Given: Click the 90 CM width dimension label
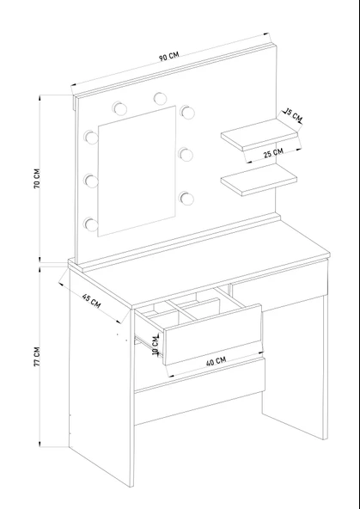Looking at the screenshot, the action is point(169,56).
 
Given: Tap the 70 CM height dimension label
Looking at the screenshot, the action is point(37,178).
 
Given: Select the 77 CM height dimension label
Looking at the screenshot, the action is point(37,357).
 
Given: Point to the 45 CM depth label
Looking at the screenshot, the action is point(91,301).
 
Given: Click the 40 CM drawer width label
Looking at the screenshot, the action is point(216,361).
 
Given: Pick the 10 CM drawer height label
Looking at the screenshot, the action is point(156,345).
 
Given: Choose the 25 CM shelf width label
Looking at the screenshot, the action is point(273,152).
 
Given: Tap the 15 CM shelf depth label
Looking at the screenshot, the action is point(294,115).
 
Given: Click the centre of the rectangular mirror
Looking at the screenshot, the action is point(137,171).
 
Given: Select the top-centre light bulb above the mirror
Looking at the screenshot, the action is point(160,99).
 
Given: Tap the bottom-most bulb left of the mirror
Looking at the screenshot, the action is point(91,224).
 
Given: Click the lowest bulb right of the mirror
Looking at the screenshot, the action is point(186,199).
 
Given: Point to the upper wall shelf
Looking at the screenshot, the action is point(259,135).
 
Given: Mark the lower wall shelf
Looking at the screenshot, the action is point(259,181).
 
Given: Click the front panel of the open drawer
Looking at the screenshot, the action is point(213,334).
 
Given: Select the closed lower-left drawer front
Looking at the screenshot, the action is point(200,391).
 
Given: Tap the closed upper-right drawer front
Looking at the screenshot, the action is point(279,282).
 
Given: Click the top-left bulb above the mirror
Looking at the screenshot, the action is point(120,108).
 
